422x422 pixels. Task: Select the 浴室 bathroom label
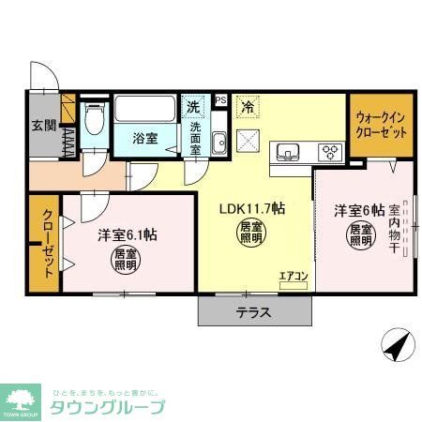(x=143, y=139)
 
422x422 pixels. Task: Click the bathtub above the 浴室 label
(x=144, y=111)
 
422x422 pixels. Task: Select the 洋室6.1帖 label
(x=127, y=234)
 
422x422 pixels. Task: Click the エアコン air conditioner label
(x=293, y=275)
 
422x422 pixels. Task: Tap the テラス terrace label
(x=253, y=313)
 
